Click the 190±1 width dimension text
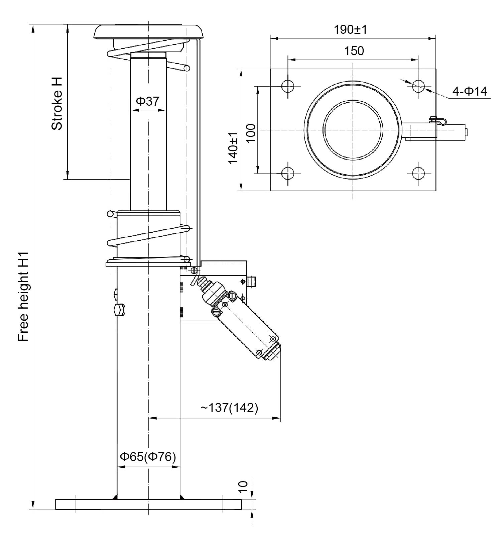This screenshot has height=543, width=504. (x=350, y=30)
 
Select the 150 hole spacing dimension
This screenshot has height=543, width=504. (x=354, y=51)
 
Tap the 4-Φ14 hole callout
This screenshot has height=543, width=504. (x=470, y=91)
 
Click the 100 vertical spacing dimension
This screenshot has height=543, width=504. (x=251, y=133)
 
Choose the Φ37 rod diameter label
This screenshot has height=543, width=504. (x=147, y=101)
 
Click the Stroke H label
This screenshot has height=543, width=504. (x=57, y=104)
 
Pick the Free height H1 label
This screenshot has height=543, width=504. (x=23, y=297)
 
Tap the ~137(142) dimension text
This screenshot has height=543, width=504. (x=229, y=408)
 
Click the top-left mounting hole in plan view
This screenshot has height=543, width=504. (x=287, y=86)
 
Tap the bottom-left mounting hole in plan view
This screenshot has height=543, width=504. (x=287, y=173)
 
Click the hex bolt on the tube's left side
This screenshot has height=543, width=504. (x=120, y=310)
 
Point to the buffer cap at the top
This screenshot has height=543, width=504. (x=148, y=31)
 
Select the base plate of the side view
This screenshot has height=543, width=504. (x=148, y=504)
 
